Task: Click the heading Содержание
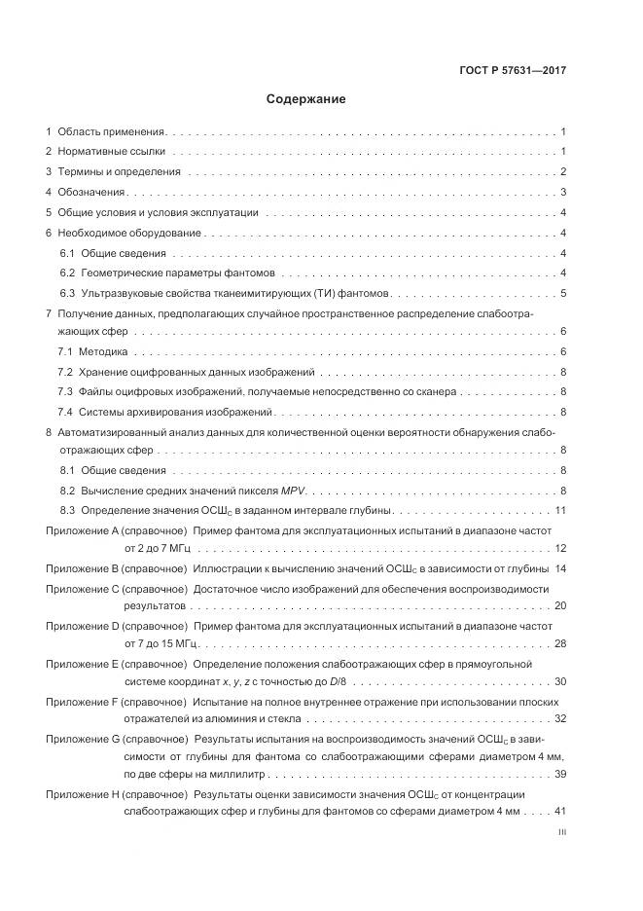point(305,99)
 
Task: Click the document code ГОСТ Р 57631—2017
point(513,70)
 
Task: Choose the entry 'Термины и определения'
point(120,172)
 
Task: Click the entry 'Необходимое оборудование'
point(129,234)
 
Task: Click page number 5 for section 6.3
point(563,293)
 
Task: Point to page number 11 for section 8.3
point(560,510)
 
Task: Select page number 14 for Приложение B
point(560,567)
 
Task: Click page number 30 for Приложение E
point(560,681)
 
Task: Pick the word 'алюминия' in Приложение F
point(232,719)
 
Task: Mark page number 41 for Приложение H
point(560,811)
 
